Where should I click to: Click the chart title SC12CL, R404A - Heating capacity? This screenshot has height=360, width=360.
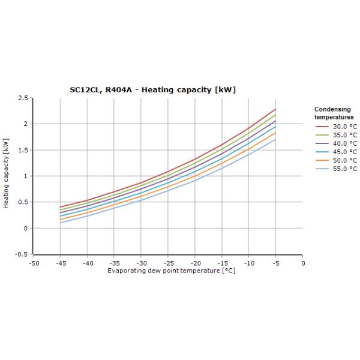(x=152, y=90)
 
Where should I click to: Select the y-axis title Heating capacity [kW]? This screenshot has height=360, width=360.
(x=6, y=175)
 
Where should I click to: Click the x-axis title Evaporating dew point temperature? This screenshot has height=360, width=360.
(x=171, y=271)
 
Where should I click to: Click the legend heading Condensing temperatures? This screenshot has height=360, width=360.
(x=334, y=113)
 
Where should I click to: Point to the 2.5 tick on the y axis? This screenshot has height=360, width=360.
(x=23, y=98)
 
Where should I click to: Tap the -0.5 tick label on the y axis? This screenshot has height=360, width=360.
(x=22, y=254)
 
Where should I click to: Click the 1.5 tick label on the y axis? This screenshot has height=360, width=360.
(x=23, y=150)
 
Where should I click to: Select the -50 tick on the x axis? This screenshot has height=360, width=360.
(x=34, y=263)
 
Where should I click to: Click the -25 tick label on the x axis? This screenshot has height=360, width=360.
(x=169, y=263)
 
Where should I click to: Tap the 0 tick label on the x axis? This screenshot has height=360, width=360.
(x=303, y=263)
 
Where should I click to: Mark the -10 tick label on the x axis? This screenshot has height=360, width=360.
(x=249, y=263)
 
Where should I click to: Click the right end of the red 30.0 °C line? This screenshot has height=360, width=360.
(x=275, y=109)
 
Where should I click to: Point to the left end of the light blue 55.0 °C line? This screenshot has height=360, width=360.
(x=61, y=223)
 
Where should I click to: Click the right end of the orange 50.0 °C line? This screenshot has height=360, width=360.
(x=275, y=133)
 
